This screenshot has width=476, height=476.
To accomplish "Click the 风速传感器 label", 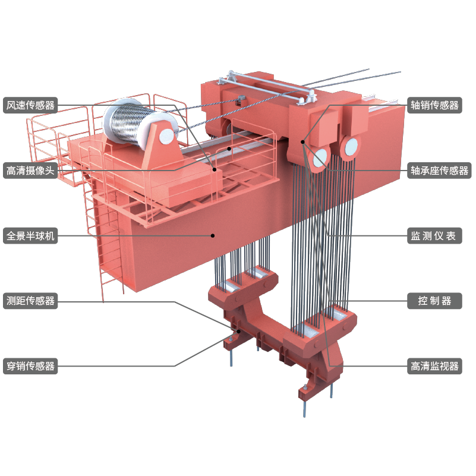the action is click(x=30, y=105).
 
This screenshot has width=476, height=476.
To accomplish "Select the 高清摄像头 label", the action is click(x=30, y=171).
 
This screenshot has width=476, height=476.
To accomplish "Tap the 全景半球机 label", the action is click(x=30, y=236).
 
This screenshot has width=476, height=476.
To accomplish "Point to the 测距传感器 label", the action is click(x=30, y=301).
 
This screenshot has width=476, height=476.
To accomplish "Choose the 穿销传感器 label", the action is click(x=30, y=366).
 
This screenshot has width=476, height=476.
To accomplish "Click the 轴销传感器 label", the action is click(x=434, y=105).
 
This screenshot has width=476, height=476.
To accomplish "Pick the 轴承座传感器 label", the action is click(x=439, y=171).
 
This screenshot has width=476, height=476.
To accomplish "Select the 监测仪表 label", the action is click(x=434, y=236).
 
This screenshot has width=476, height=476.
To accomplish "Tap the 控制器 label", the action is click(x=434, y=301).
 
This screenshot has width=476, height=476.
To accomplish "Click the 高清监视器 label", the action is click(x=434, y=366).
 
